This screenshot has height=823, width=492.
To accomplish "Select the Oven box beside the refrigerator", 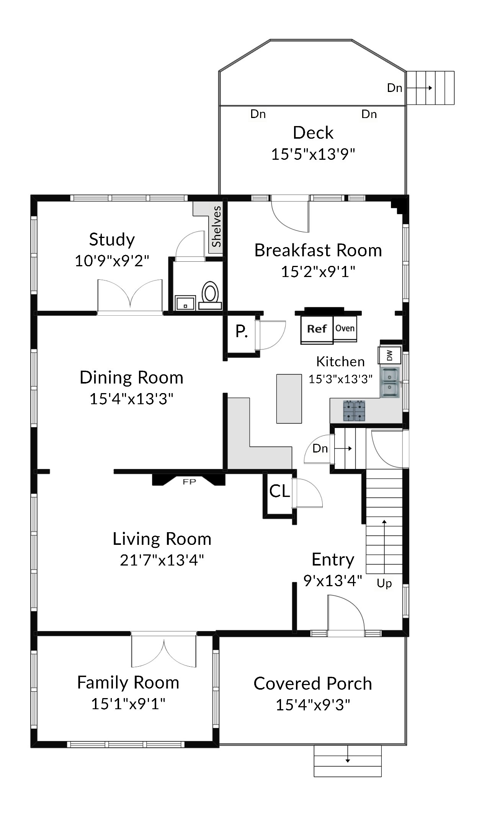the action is click(345, 328).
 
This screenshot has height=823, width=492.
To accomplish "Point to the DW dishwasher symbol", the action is click(389, 355).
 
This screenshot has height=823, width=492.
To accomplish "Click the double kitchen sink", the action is click(390, 382).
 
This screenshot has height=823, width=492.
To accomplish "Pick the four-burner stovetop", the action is click(354, 411).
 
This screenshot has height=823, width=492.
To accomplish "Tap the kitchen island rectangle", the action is click(289, 399).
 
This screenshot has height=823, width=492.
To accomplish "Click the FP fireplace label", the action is click(189, 482).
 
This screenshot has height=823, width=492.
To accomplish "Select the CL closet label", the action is click(280, 491).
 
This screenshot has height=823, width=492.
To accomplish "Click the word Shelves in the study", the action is click(217, 226).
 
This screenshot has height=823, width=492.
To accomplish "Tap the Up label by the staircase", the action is click(384, 583).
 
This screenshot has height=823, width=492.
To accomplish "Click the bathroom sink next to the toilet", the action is click(185, 303).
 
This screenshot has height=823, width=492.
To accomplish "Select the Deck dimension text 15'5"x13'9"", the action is click(313, 154).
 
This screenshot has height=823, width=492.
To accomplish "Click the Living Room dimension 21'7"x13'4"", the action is click(162, 560).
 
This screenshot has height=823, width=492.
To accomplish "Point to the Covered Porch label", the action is click(313, 684).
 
